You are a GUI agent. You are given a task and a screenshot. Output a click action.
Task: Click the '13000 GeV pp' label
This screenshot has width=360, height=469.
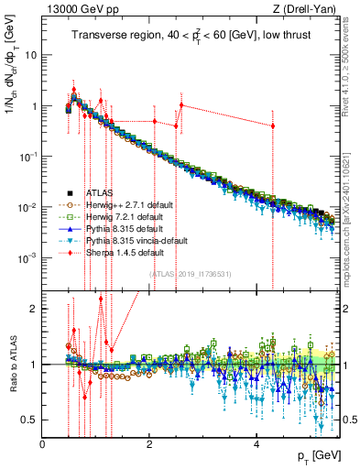pos(74,9)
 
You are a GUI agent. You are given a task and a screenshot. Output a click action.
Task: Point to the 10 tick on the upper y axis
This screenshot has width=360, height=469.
pos(32,55)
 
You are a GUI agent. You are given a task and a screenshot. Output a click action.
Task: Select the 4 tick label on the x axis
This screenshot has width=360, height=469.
pos(256,444)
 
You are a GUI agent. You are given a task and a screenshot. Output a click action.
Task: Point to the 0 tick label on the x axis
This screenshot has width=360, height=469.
pos(43,444)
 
